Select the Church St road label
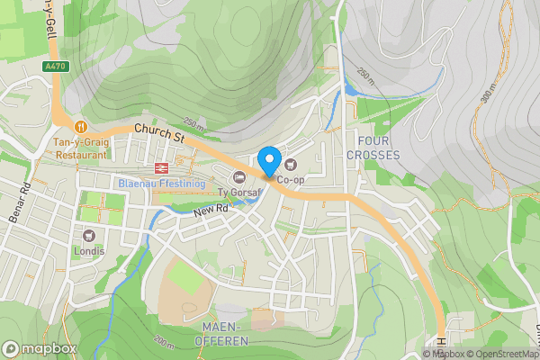(158, 136)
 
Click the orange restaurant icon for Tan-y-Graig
(81, 127)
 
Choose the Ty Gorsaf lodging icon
(238, 176)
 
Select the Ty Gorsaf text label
(239, 192)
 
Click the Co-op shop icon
(291, 165)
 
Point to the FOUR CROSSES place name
(378, 148)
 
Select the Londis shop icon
(89, 236)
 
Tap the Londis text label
(89, 251)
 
